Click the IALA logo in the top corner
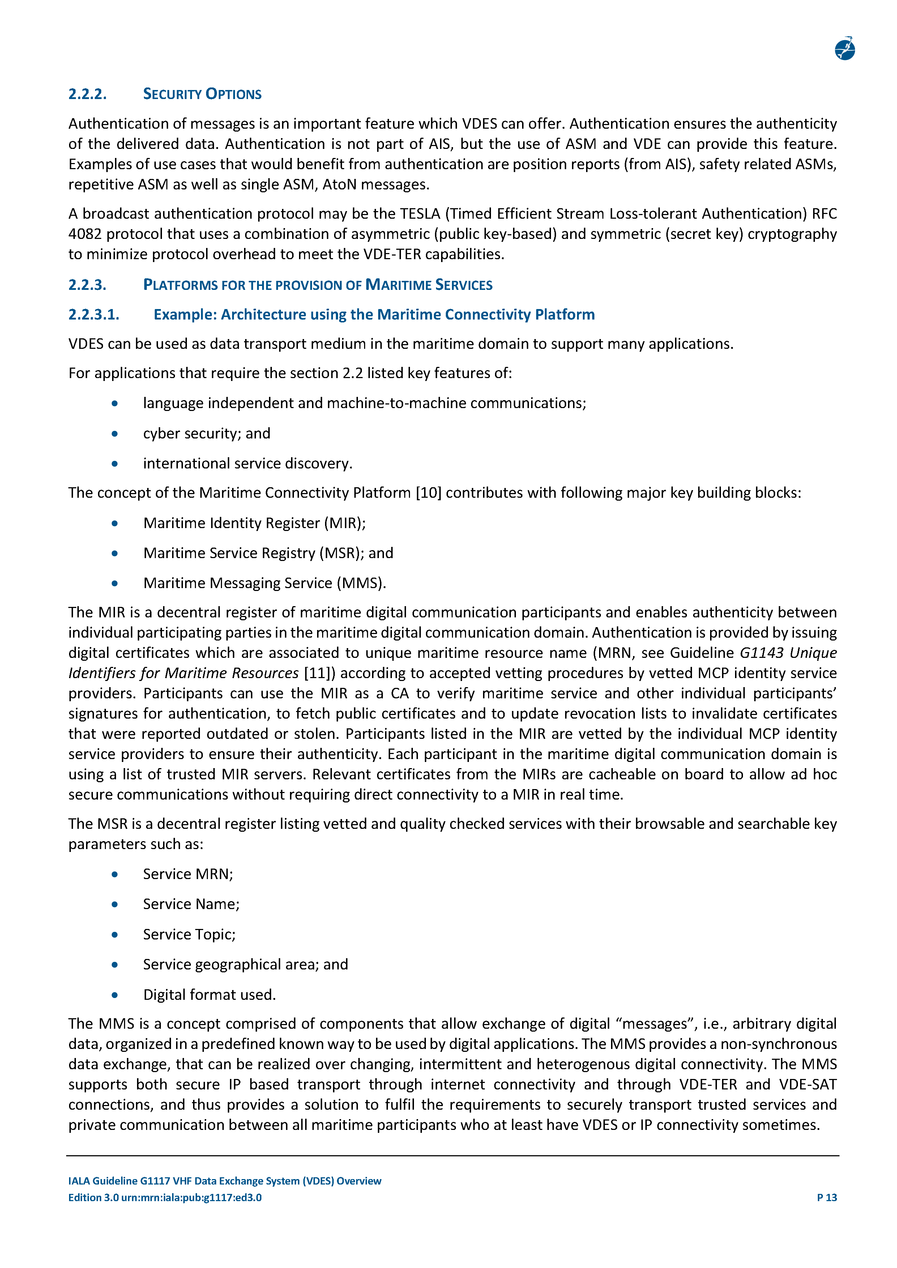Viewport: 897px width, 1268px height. (x=845, y=48)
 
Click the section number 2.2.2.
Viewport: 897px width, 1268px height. (x=87, y=94)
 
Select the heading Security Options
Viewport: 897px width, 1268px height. (x=202, y=94)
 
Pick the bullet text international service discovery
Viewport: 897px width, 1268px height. (x=247, y=463)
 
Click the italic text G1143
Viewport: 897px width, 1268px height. (x=761, y=653)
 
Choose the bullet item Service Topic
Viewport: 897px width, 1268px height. (x=189, y=934)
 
